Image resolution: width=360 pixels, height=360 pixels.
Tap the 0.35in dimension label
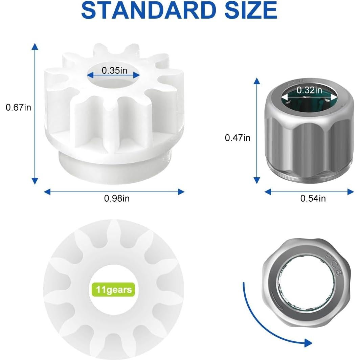pyautogui.click(x=114, y=70)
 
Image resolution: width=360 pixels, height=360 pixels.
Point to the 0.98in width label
pyautogui.click(x=116, y=199)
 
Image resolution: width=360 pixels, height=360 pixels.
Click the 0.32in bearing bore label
pyautogui.click(x=309, y=90)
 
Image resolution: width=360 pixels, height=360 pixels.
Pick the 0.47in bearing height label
pyautogui.click(x=238, y=138)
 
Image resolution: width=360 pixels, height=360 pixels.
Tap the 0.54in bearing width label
pyautogui.click(x=313, y=199)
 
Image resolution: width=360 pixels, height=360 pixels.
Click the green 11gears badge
pyautogui.click(x=113, y=290)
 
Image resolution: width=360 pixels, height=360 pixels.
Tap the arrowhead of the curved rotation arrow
pyautogui.click(x=308, y=343)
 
